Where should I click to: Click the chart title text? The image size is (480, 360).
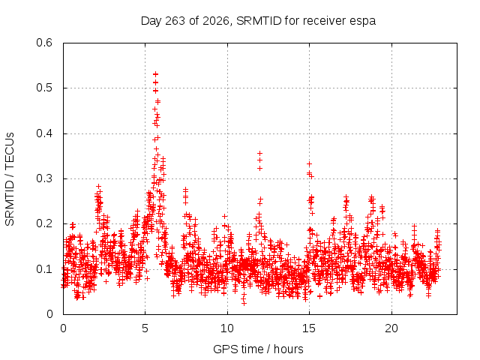(x=258, y=21)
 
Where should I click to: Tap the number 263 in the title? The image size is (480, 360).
(x=175, y=21)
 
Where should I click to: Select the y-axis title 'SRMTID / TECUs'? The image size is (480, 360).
(x=10, y=179)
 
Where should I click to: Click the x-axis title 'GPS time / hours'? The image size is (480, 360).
(x=258, y=349)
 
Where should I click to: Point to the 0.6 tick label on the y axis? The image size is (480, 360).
(x=44, y=43)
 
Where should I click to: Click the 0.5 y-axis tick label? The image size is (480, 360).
(x=44, y=88)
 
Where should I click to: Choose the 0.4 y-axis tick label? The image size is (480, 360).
(x=44, y=133)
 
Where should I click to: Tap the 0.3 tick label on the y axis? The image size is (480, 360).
(x=44, y=178)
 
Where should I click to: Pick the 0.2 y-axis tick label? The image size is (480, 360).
(x=44, y=223)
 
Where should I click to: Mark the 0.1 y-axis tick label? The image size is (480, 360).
(x=44, y=269)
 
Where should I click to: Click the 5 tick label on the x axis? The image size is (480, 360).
(x=145, y=328)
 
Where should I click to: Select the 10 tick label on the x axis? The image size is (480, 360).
(x=227, y=328)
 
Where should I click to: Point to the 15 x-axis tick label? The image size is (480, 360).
(x=309, y=328)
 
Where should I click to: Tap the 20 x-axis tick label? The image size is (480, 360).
(x=391, y=328)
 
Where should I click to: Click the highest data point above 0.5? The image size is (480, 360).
(x=155, y=74)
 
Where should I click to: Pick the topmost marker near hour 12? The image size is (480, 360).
(x=260, y=153)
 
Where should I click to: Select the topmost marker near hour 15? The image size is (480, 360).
(x=309, y=164)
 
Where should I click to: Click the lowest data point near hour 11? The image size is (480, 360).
(x=244, y=303)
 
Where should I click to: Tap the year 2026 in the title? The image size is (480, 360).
(x=215, y=21)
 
